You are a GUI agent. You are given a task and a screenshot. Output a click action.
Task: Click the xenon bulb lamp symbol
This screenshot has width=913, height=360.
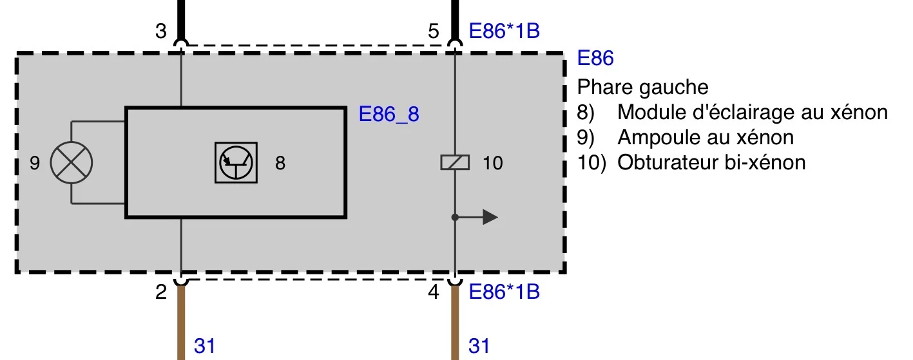tap(72, 162)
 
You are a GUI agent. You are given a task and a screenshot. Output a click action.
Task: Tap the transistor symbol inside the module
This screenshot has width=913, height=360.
tap(236, 162)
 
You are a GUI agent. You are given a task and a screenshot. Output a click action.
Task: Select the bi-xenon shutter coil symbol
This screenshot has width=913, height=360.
tap(455, 162)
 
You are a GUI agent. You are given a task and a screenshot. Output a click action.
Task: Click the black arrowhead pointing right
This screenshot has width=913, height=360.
tap(490, 217)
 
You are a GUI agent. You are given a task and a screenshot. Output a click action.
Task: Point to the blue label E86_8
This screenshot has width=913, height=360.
tap(389, 114)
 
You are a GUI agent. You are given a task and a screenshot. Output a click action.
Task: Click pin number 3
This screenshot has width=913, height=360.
tap(161, 32)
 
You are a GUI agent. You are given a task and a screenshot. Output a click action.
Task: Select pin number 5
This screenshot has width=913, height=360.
tap(434, 32)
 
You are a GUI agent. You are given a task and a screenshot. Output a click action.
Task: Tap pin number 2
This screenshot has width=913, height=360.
tap(161, 292)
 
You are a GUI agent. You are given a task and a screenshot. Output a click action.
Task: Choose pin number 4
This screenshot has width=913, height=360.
tap(434, 292)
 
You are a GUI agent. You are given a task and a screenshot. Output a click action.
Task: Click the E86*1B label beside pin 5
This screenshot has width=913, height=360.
tap(505, 31)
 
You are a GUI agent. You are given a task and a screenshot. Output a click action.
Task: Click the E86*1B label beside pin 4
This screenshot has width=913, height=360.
tap(505, 292)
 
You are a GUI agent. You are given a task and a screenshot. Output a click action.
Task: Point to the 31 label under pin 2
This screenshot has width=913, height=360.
tap(205, 346)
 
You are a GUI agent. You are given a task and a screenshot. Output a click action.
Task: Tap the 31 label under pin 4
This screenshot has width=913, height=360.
tap(479, 346)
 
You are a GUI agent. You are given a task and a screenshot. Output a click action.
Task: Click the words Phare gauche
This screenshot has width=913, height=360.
tap(643, 87)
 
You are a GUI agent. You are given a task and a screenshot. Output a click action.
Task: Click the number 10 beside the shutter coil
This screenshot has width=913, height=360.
tap(493, 163)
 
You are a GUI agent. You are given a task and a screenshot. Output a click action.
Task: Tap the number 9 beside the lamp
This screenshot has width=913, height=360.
tap(35, 163)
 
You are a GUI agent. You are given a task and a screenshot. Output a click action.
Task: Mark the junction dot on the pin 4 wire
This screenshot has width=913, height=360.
tap(455, 217)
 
